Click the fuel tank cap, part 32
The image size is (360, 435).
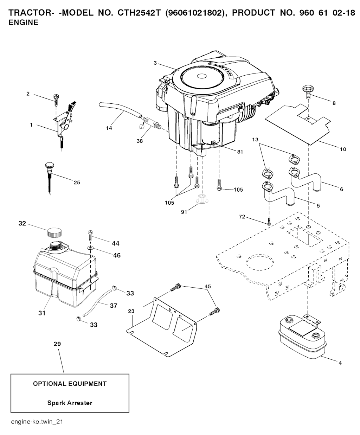tap(54, 232)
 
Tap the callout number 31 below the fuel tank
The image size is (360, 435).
tap(42, 312)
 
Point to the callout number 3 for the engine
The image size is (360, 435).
tap(155, 63)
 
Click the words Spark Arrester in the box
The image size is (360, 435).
tap(70, 403)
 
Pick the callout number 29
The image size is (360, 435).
tap(57, 344)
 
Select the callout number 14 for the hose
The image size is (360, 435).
tap(109, 128)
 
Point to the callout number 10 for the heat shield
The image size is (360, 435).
tap(343, 149)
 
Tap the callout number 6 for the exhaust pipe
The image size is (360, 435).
tap(341, 189)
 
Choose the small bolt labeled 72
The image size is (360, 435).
tap(269, 222)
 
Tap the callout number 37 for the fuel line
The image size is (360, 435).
tap(113, 306)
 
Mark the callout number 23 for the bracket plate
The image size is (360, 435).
tap(131, 311)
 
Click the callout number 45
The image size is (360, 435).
tap(208, 287)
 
